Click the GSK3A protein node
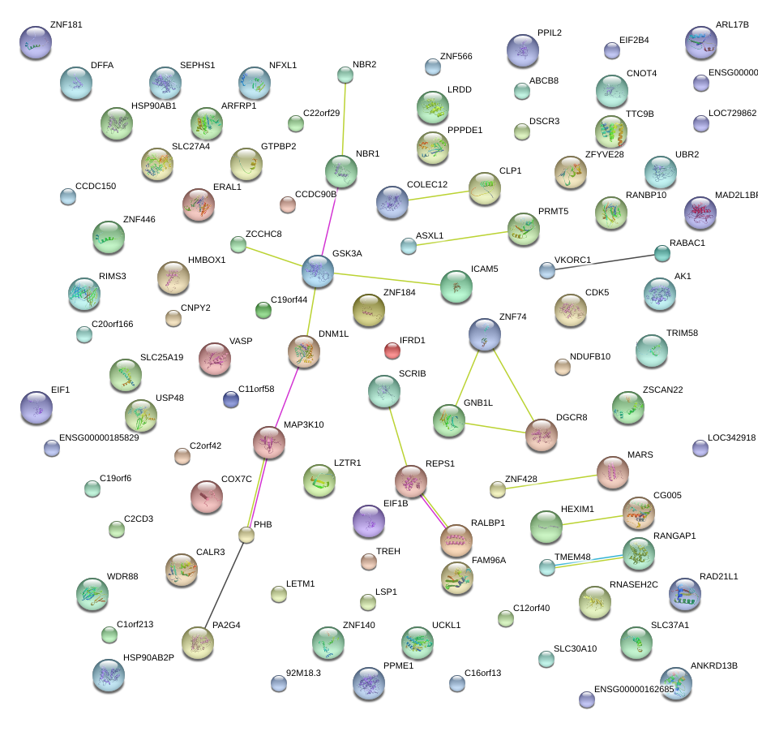coord(318,271)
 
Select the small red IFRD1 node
coord(392,351)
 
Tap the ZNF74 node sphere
coord(485,334)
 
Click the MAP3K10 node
coord(268,441)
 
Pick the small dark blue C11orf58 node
coord(231,399)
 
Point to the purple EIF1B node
coord(370,521)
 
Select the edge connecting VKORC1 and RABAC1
coord(604,262)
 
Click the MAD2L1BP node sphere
coord(700,213)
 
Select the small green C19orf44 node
coord(263,309)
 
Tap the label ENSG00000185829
coord(100,438)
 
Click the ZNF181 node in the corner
coord(35,42)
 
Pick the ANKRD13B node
coord(675,682)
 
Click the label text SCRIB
coord(412,373)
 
